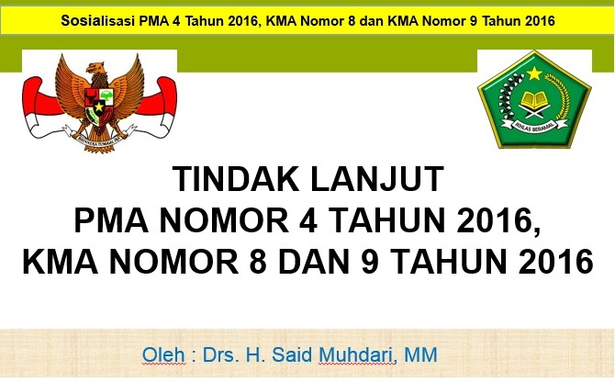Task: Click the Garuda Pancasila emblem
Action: (99, 98)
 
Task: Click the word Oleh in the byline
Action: (161, 354)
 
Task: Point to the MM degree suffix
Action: (423, 354)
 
